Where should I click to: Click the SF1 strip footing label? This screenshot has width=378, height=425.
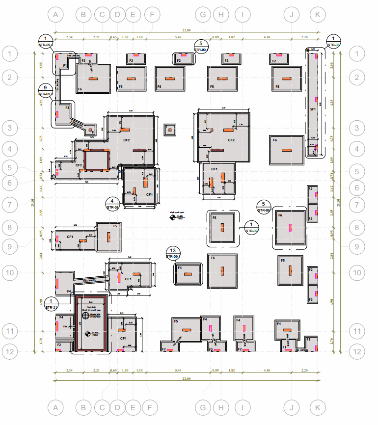click(312, 109)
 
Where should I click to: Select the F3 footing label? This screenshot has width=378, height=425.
click(67, 106)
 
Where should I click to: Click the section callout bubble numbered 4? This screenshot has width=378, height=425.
click(113, 202)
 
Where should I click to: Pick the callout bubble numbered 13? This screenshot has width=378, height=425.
click(173, 250)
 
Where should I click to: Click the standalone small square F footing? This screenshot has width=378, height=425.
click(169, 130)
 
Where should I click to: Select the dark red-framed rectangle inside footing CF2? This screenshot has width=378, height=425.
click(96, 160)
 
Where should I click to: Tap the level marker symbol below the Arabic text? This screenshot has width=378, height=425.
click(172, 217)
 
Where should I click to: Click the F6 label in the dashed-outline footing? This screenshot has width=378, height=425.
click(280, 215)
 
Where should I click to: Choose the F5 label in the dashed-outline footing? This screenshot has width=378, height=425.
click(214, 217)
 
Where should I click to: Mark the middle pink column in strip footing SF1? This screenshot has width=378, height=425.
click(317, 100)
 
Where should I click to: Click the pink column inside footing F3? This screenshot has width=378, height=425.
click(57, 114)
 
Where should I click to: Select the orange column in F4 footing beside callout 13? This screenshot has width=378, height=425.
click(189, 274)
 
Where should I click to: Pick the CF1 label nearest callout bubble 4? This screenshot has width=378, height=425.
click(149, 195)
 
